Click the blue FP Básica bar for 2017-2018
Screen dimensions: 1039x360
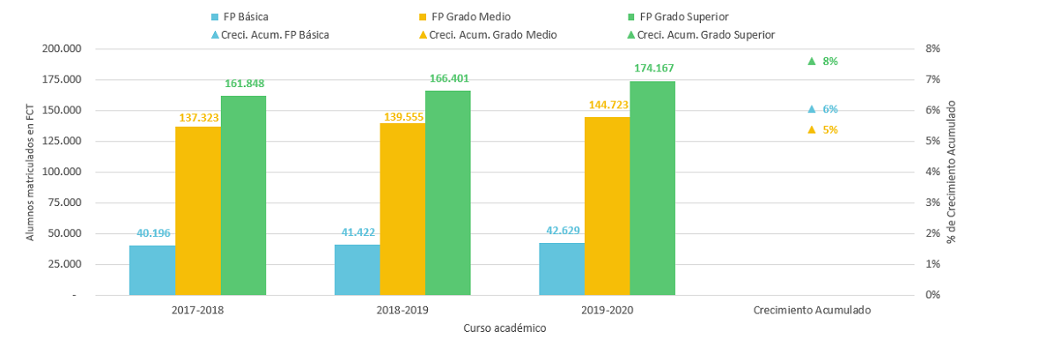[152, 270]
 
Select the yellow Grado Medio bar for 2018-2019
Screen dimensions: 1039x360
[403, 209]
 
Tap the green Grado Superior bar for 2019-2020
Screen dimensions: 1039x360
[652, 188]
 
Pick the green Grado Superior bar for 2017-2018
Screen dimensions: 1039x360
[243, 195]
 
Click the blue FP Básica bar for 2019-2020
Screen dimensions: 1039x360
[562, 269]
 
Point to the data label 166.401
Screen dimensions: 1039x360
[448, 79]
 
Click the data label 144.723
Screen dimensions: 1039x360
[608, 105]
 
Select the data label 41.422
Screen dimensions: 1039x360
[357, 232]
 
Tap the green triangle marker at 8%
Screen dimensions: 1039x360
[811, 61]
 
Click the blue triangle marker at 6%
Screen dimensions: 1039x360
[811, 109]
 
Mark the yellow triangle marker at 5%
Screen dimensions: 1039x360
[811, 130]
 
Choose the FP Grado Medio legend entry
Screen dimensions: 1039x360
[464, 16]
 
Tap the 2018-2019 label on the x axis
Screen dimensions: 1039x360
[402, 310]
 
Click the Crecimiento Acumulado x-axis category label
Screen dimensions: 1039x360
[812, 310]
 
